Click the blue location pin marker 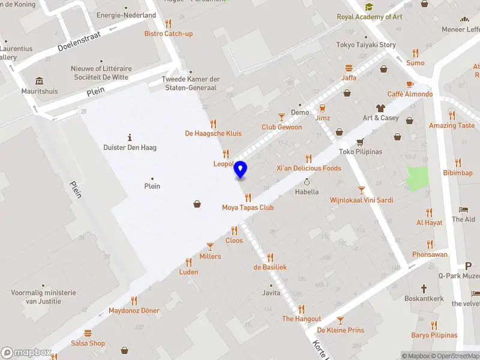241,169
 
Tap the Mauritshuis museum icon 40,81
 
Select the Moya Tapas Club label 248,208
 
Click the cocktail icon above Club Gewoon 281,117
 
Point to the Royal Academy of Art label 369,17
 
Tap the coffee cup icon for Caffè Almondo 410,84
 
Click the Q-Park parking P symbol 469,266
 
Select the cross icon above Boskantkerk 424,288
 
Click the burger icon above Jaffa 349,68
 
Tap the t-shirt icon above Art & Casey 380,108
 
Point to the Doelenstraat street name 79,41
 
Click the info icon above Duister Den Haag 130,137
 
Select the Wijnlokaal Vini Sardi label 361,200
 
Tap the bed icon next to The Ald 463,209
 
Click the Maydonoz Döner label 134,311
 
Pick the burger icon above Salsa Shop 88,333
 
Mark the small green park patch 417,179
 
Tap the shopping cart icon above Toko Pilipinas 360,142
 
